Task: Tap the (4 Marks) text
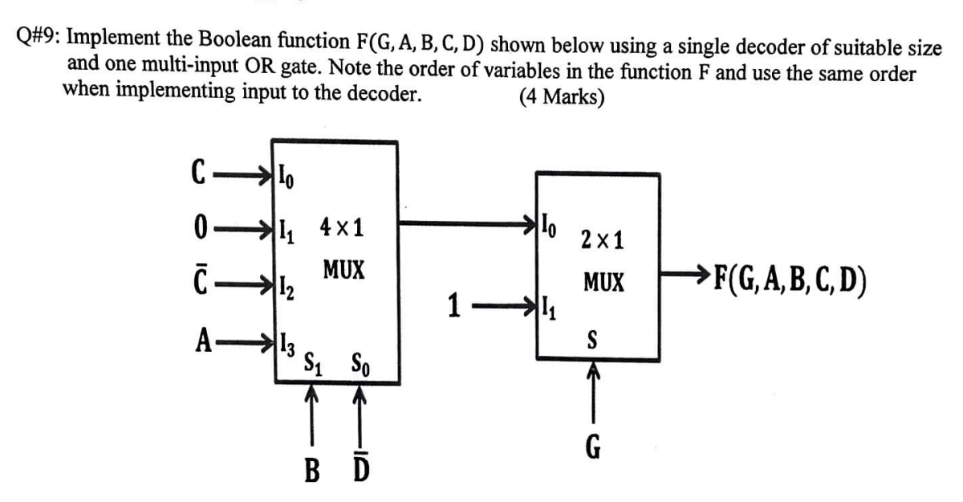click(x=562, y=96)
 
